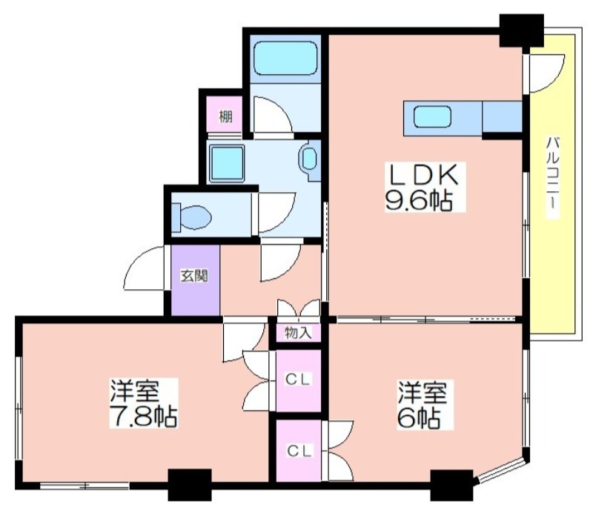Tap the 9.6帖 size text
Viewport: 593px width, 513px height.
(419, 200)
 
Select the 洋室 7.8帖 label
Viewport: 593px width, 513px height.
(143, 403)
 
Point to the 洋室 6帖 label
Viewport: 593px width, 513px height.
(422, 405)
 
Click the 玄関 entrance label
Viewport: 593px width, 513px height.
(194, 276)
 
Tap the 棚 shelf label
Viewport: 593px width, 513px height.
(226, 116)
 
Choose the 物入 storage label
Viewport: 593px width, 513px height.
(299, 333)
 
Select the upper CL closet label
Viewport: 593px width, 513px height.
(299, 379)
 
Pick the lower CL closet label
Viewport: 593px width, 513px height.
(299, 451)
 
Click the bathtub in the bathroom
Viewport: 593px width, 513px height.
(285, 59)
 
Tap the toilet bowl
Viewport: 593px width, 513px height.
(192, 217)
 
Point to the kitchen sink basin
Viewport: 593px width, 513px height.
(432, 117)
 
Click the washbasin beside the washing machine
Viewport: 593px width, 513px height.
(309, 159)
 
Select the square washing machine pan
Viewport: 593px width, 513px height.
(227, 162)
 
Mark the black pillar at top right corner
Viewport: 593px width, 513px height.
(522, 31)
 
